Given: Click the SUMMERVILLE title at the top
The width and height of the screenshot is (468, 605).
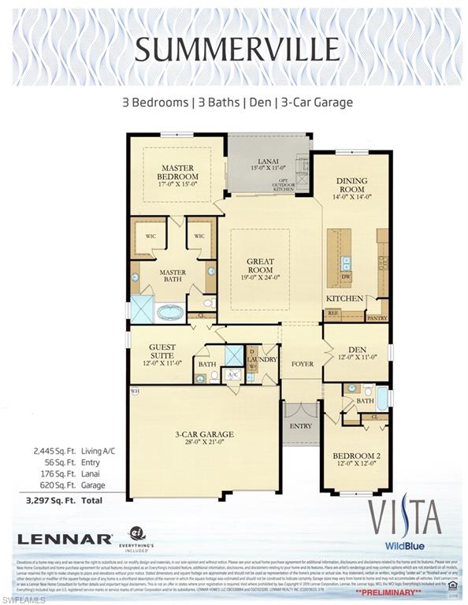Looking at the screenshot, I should pyautogui.click(x=234, y=49).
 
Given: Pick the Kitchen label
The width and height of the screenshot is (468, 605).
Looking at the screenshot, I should pyautogui.click(x=345, y=299).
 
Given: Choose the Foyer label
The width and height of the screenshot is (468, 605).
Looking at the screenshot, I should pyautogui.click(x=303, y=365).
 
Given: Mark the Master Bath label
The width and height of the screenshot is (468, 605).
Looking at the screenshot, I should pyautogui.click(x=173, y=277).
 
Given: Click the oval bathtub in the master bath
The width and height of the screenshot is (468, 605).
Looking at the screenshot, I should pyautogui.click(x=169, y=312).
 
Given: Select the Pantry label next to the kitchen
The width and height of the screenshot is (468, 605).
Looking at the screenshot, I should pyautogui.click(x=377, y=317).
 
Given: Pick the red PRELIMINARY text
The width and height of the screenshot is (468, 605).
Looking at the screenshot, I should pyautogui.click(x=388, y=590).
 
